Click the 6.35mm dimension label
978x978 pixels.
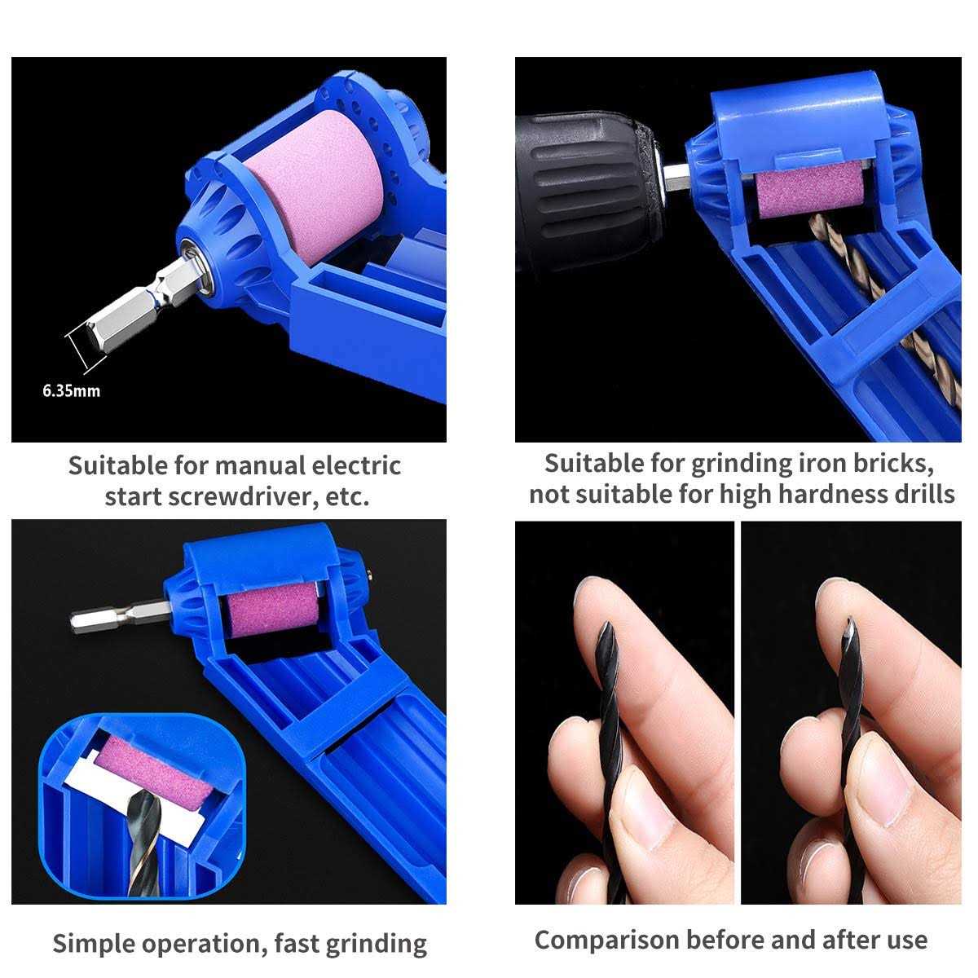[x=72, y=391]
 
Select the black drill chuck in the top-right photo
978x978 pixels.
[x=588, y=187]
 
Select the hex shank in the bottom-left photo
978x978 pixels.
[x=120, y=615]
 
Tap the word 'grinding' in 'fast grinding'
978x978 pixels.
[x=376, y=944]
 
